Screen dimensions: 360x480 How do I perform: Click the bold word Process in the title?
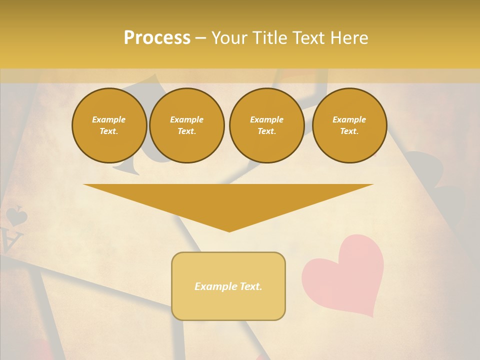click(x=157, y=38)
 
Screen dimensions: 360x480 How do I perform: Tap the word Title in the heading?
click(x=267, y=38)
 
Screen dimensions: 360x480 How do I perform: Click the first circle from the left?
click(x=109, y=125)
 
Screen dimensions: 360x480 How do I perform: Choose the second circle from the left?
click(x=186, y=125)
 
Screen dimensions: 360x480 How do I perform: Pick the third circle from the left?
click(x=266, y=125)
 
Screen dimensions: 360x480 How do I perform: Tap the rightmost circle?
click(x=349, y=125)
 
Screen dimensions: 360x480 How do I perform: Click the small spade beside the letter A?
click(x=16, y=216)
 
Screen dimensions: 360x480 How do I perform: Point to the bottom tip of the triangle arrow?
click(x=229, y=230)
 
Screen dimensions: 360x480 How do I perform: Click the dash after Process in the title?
click(x=200, y=38)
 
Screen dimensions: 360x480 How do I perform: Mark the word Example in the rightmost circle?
click(x=349, y=119)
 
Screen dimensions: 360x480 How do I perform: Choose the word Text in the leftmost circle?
click(x=109, y=131)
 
